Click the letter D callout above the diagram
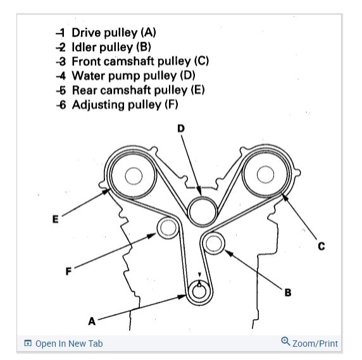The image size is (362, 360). pyautogui.click(x=181, y=128)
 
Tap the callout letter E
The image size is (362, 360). pyautogui.click(x=56, y=219)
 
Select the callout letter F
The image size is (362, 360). pyautogui.click(x=68, y=271)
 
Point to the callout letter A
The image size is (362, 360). pyautogui.click(x=92, y=321)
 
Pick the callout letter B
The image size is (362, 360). pyautogui.click(x=288, y=292)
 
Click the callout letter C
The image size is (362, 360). pyautogui.click(x=321, y=246)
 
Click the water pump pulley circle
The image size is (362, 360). pyautogui.click(x=203, y=211)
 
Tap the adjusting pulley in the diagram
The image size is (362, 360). pyautogui.click(x=168, y=228)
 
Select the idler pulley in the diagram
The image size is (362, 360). pyautogui.click(x=214, y=243)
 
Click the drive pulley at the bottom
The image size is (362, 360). pyautogui.click(x=199, y=292)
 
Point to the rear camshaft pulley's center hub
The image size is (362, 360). pyautogui.click(x=134, y=176)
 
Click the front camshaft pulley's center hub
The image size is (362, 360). pyautogui.click(x=266, y=175)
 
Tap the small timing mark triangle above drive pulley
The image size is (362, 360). pyautogui.click(x=200, y=275)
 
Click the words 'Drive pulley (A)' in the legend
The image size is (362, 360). pyautogui.click(x=114, y=32)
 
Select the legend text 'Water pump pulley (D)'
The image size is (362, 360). pyautogui.click(x=134, y=76)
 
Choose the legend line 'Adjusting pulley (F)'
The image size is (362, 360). pyautogui.click(x=125, y=105)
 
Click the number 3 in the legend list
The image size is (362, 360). pyautogui.click(x=62, y=61)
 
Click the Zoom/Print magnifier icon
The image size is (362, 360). pyautogui.click(x=285, y=341)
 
